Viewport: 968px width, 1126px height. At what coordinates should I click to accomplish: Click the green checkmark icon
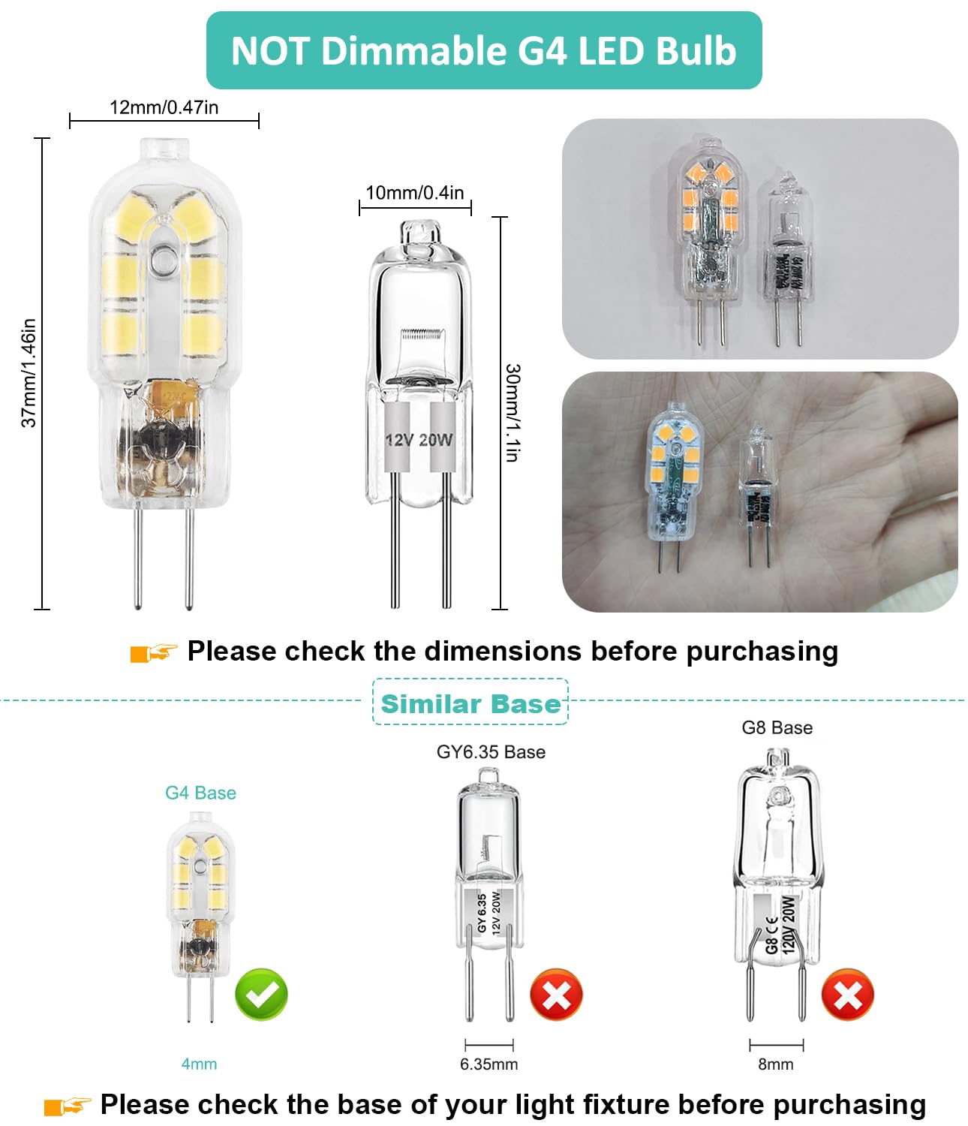(x=261, y=995)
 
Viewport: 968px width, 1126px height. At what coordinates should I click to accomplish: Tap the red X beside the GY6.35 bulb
(x=556, y=995)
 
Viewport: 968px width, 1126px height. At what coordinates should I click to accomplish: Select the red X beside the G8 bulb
(x=848, y=995)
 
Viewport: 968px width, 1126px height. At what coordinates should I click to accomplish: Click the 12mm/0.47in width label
(x=164, y=107)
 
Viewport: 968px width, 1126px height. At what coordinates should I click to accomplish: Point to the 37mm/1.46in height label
(x=29, y=373)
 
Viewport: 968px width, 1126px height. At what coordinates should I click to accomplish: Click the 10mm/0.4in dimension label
(x=414, y=193)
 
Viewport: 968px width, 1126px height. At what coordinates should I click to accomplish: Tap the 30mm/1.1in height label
(x=513, y=412)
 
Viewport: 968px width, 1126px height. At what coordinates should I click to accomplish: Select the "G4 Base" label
(x=200, y=793)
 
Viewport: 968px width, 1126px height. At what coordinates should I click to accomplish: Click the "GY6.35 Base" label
(x=491, y=752)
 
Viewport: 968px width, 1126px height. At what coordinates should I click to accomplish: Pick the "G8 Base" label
(x=777, y=727)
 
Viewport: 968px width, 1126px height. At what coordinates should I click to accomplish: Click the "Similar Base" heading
(x=470, y=703)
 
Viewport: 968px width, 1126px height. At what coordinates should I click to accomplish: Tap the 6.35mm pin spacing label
(x=489, y=1064)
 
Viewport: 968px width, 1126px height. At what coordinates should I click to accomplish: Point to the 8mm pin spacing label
(x=775, y=1064)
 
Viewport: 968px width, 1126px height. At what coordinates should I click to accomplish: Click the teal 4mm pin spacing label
(x=199, y=1064)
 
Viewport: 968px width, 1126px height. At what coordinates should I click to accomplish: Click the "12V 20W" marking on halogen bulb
(x=419, y=439)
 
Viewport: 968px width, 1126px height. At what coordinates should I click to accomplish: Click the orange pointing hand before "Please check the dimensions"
(x=154, y=652)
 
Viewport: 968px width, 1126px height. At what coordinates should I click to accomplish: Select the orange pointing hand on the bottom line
(x=68, y=1106)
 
